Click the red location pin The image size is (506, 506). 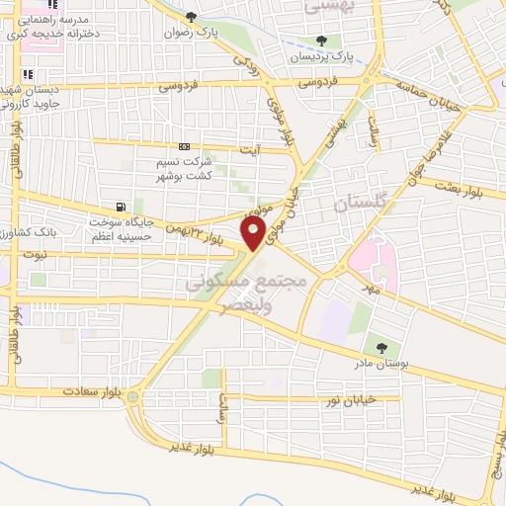pos(254,233)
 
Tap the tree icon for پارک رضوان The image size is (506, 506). pos(192,17)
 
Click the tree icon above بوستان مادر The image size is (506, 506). pos(381,347)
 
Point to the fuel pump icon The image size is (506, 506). pos(121,208)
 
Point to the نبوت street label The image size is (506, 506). pos(36,253)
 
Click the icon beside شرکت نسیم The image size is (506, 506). pos(185,147)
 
